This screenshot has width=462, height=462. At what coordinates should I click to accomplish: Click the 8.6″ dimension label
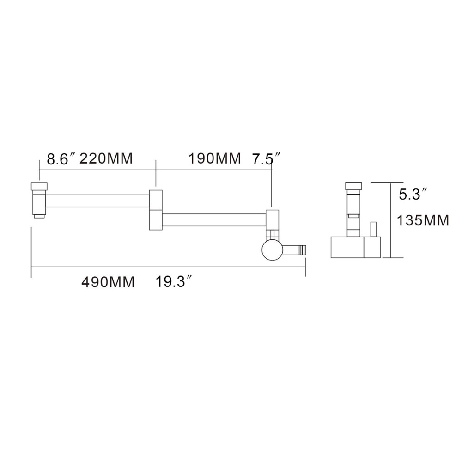61,159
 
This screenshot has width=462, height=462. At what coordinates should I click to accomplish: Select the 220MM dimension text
106,159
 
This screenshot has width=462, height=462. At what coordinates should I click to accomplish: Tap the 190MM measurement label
214,159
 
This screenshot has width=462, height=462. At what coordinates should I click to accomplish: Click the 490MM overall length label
108,281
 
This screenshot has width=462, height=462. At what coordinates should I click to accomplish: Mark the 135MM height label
423,220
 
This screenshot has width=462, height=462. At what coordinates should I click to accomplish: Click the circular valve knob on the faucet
271,250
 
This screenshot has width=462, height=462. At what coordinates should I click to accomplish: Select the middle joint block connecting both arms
156,209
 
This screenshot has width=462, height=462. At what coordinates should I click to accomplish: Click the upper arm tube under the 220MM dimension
97,201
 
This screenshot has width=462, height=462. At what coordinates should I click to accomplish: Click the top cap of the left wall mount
39,187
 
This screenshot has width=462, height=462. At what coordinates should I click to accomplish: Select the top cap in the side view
353,187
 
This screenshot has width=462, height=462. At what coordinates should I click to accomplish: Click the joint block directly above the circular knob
272,221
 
